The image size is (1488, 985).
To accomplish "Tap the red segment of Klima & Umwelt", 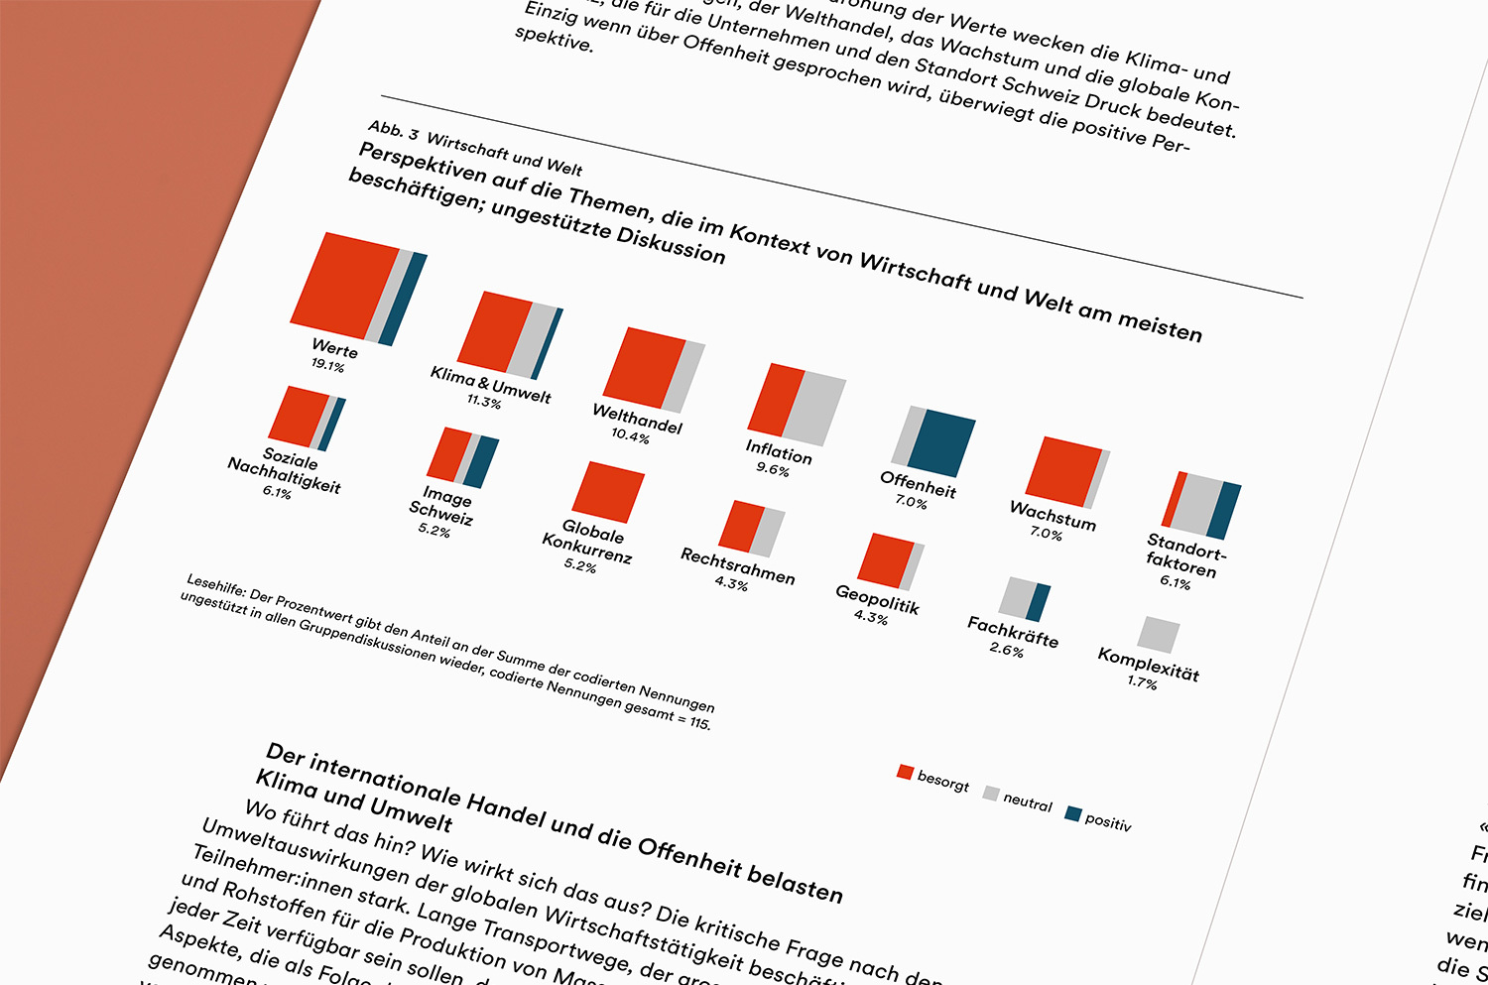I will pyautogui.click(x=494, y=331).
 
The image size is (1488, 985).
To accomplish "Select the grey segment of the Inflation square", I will pyautogui.click(x=814, y=408).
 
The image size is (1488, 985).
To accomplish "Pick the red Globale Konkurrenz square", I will pyautogui.click(x=608, y=491).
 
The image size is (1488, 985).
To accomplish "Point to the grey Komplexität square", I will pyautogui.click(x=1158, y=635).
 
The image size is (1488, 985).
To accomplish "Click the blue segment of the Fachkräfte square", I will pyautogui.click(x=1038, y=602).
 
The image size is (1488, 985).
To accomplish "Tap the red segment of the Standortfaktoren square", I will pyautogui.click(x=1174, y=499).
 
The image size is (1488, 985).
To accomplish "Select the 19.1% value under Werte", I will pyautogui.click(x=327, y=365).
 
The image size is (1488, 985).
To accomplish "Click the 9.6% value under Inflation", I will pyautogui.click(x=773, y=469).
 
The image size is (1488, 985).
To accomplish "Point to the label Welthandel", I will pyautogui.click(x=637, y=418).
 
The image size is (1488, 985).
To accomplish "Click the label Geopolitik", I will pyautogui.click(x=877, y=598).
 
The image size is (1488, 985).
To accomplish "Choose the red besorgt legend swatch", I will pyautogui.click(x=905, y=772).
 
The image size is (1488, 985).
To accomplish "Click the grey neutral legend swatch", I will pyautogui.click(x=990, y=793).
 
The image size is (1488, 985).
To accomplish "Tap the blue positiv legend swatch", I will pyautogui.click(x=1072, y=813).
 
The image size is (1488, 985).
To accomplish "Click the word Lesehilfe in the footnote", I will pyautogui.click(x=215, y=585).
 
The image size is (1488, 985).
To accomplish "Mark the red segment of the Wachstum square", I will pyautogui.click(x=1062, y=470).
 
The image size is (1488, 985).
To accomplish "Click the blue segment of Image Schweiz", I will pyautogui.click(x=481, y=462).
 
